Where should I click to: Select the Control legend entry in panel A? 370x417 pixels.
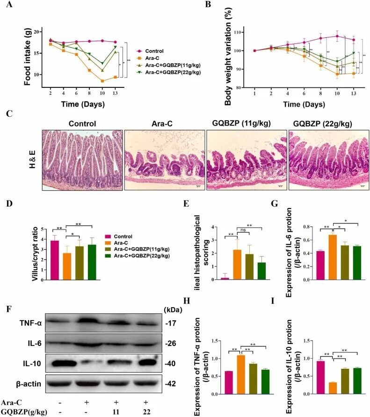click(x=156, y=50)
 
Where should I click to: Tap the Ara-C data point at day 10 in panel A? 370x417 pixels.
click(x=102, y=81)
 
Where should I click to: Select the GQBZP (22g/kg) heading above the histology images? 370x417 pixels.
click(x=326, y=124)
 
